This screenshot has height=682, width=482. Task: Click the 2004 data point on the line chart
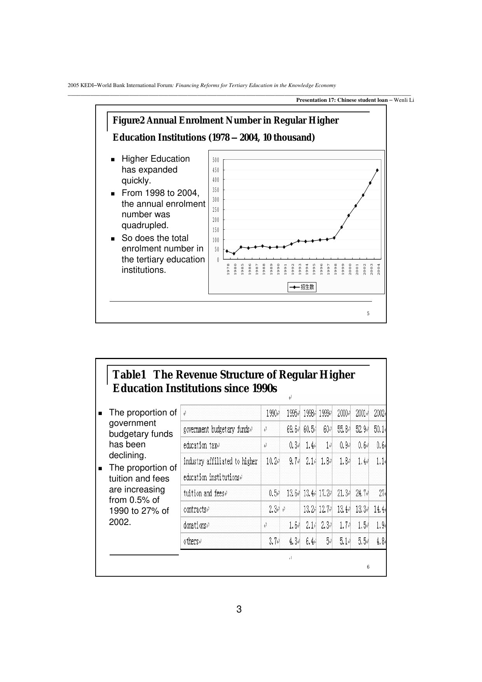click(x=377, y=170)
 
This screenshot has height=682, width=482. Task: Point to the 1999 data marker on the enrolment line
click(x=342, y=227)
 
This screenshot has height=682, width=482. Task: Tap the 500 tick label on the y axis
click(x=216, y=160)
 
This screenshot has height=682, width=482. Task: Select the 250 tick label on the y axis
click(x=216, y=210)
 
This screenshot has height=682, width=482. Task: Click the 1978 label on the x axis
click(x=228, y=270)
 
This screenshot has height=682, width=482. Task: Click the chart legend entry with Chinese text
click(x=302, y=287)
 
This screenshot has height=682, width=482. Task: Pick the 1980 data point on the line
click(x=234, y=254)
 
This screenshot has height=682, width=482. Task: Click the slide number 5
click(x=368, y=314)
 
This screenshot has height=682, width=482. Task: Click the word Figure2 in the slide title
click(x=129, y=120)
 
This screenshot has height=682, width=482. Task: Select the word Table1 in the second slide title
click(x=129, y=375)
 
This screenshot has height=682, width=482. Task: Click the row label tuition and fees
click(x=204, y=494)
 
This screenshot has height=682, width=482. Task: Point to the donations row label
click(x=195, y=525)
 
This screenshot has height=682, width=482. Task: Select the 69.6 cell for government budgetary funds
click(x=293, y=429)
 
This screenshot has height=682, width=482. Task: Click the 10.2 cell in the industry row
click(x=272, y=462)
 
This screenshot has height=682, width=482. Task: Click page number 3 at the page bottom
click(x=239, y=609)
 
